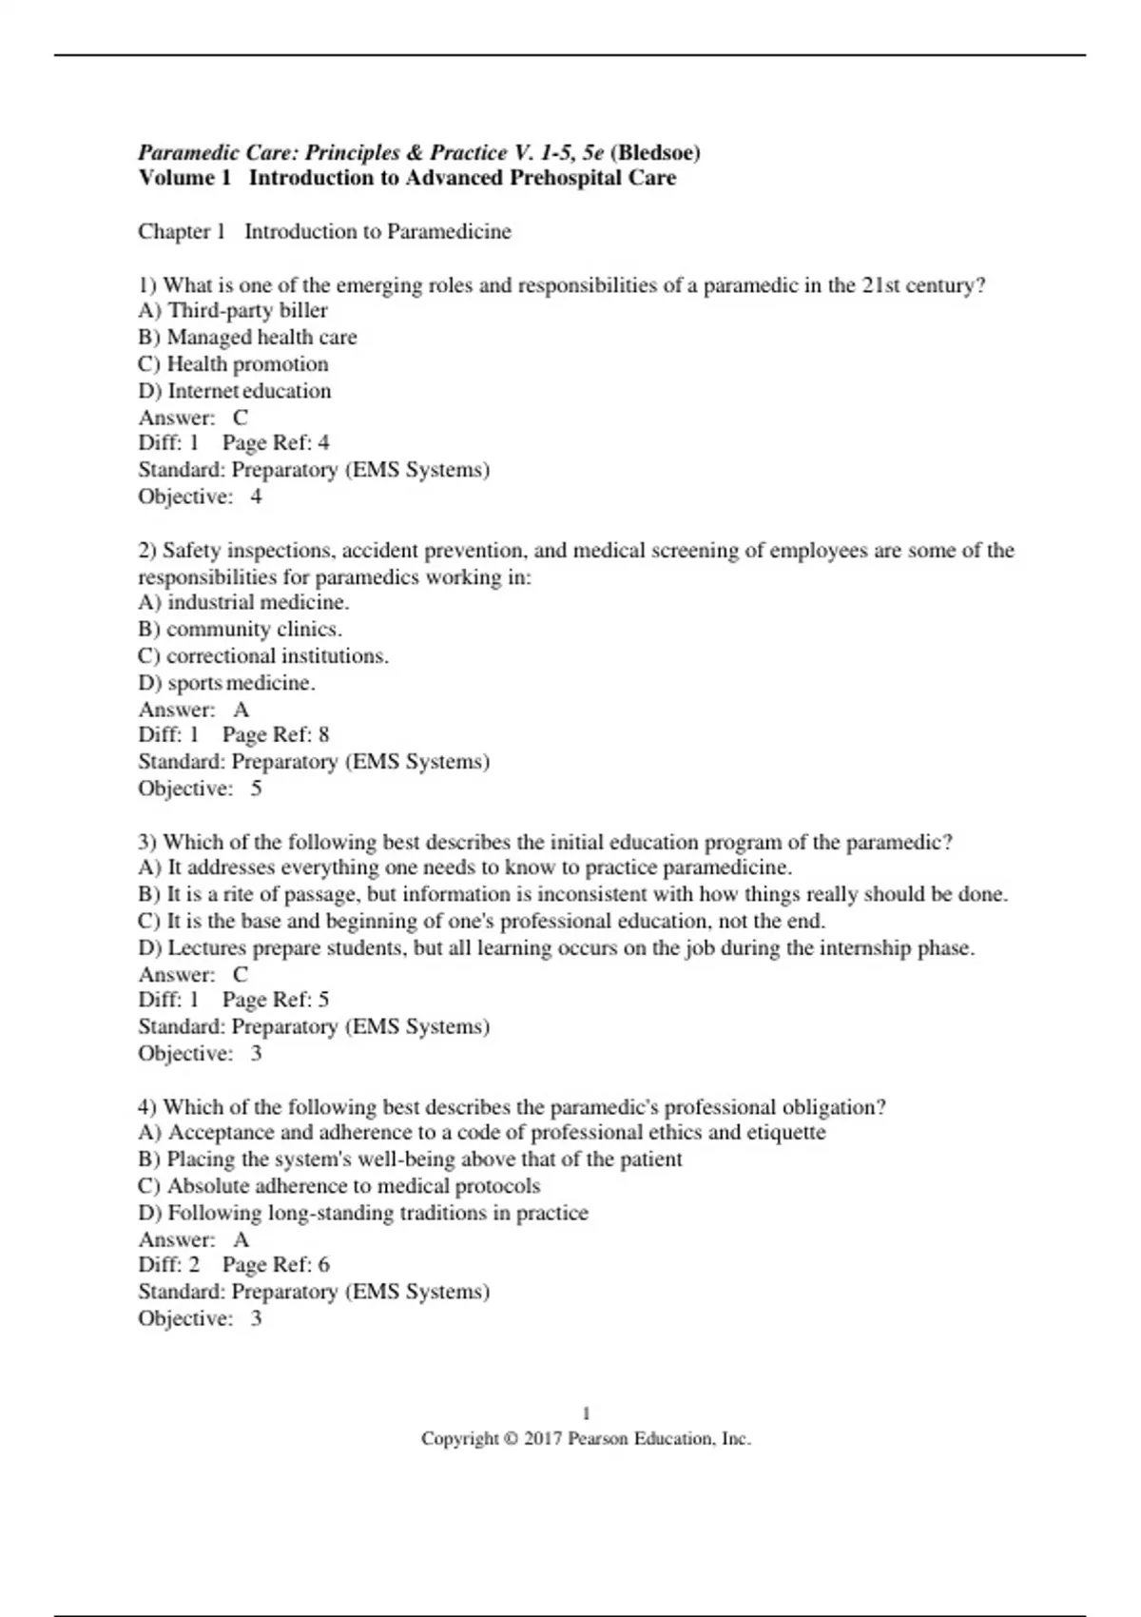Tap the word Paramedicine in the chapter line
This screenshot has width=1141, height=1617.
(449, 231)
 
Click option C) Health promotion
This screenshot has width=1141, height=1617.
(233, 363)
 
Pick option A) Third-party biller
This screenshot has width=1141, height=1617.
(233, 310)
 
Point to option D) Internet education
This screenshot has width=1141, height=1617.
(235, 390)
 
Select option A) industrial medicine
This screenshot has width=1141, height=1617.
(243, 602)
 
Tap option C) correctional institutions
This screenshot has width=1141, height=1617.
(263, 655)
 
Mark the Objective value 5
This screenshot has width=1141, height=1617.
(256, 789)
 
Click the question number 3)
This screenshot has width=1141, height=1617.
(147, 842)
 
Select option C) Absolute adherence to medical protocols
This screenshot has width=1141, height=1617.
(339, 1186)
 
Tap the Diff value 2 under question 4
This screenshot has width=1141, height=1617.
(194, 1264)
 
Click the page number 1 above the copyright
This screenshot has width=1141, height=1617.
(586, 1413)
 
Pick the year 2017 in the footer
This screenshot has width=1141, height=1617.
(543, 1439)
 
